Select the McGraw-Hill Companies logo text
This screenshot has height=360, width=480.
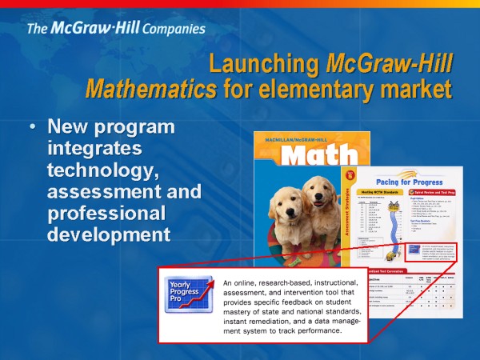pyautogui.click(x=116, y=29)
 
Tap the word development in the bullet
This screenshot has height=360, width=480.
pyautogui.click(x=108, y=234)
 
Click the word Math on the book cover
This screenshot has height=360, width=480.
pyautogui.click(x=306, y=155)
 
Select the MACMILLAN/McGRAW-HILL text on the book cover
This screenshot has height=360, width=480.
pyautogui.click(x=299, y=138)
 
